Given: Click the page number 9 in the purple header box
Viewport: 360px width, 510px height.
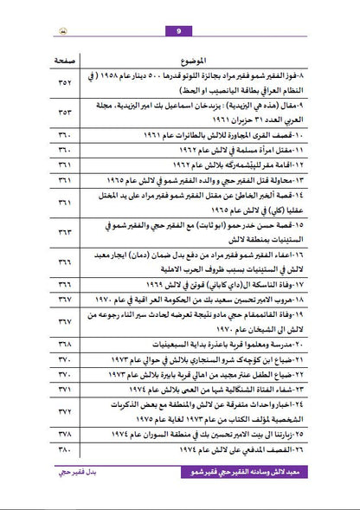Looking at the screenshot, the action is pos(178,9).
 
